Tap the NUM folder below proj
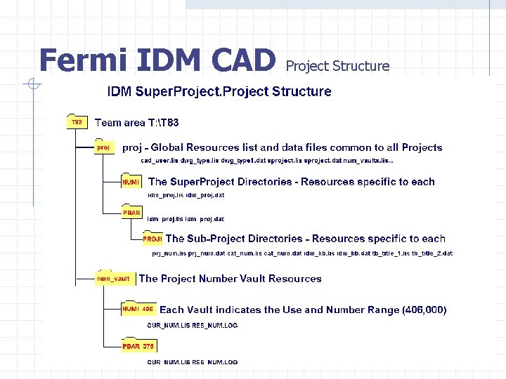click(130, 181)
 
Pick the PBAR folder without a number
click(131, 212)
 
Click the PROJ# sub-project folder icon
click(153, 239)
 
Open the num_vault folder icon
click(113, 278)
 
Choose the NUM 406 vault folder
click(138, 308)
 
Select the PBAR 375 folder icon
click(138, 345)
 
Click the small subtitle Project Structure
click(337, 66)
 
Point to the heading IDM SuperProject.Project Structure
click(219, 91)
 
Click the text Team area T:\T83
click(136, 123)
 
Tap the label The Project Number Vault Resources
click(230, 279)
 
